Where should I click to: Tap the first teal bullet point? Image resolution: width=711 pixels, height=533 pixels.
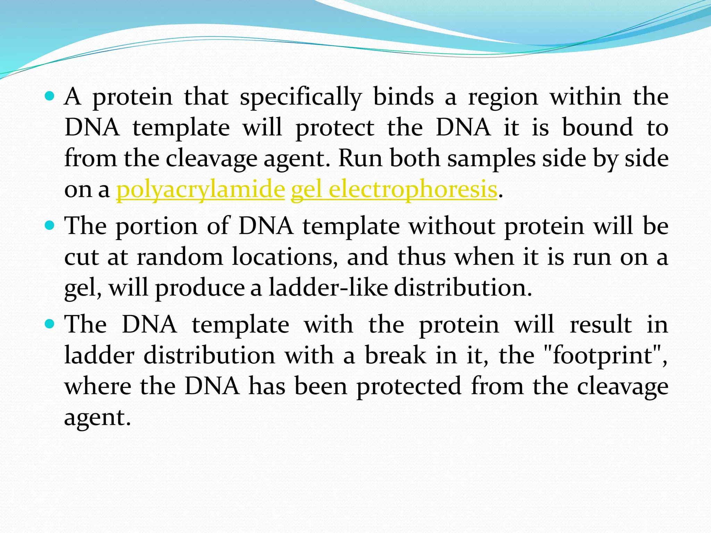click(x=50, y=96)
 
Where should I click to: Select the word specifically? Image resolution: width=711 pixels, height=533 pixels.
click(x=301, y=97)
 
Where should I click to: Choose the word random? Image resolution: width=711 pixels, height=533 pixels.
click(x=180, y=257)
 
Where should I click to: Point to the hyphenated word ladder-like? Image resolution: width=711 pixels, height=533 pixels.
click(x=328, y=288)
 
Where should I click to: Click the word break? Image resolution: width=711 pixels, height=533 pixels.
click(x=395, y=355)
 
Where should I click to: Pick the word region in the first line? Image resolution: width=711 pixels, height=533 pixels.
click(x=503, y=97)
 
